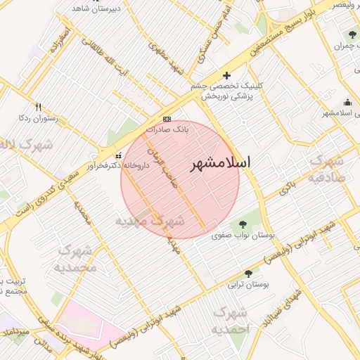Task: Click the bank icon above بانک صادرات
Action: click(x=167, y=119)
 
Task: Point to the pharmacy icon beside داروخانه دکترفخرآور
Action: click(x=118, y=155)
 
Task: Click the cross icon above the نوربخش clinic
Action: click(x=226, y=75)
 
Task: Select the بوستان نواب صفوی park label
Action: click(x=242, y=236)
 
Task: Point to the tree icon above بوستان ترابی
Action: click(x=248, y=273)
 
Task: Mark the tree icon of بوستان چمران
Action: click(x=352, y=34)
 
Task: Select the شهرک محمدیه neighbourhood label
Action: click(x=75, y=258)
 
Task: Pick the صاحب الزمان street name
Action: click(x=164, y=166)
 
